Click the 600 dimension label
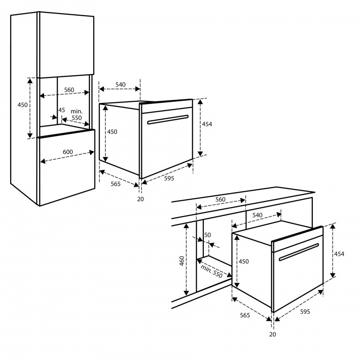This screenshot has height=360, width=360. (68, 152)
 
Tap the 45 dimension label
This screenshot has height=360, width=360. (62, 110)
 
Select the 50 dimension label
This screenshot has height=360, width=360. (207, 235)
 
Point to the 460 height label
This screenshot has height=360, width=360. (182, 261)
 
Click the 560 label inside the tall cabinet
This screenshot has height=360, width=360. (69, 90)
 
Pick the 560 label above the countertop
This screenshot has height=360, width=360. (220, 199)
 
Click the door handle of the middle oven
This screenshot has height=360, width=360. (167, 120)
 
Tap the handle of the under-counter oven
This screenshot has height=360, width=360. (299, 252)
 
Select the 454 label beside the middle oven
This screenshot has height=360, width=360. (207, 124)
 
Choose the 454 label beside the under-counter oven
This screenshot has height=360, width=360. (339, 254)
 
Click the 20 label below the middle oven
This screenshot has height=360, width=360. (140, 199)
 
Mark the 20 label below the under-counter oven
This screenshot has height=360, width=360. (273, 334)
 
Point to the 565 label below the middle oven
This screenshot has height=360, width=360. (116, 184)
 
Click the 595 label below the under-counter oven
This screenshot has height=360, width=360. (305, 311)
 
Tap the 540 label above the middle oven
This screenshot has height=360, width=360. (121, 85)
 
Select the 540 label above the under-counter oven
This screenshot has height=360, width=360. (257, 215)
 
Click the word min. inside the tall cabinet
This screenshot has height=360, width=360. (76, 111)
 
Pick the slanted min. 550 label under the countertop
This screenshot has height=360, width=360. (211, 271)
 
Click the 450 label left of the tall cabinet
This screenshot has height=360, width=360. (22, 105)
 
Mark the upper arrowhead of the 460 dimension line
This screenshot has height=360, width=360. (186, 226)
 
